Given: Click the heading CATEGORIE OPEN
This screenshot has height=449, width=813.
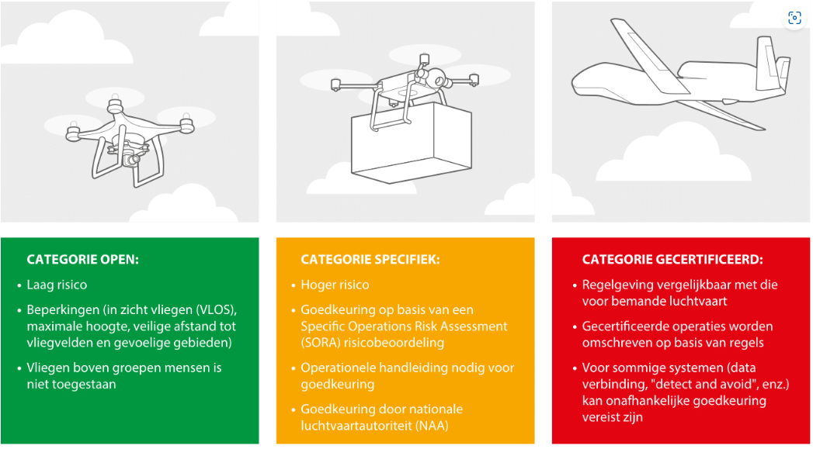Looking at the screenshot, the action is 83,260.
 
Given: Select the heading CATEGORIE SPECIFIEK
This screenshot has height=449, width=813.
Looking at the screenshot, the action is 370,260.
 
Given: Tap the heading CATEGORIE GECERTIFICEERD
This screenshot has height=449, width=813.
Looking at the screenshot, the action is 672,260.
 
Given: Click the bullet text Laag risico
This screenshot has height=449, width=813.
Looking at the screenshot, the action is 57,285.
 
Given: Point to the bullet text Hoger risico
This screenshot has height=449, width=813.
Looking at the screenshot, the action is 335,285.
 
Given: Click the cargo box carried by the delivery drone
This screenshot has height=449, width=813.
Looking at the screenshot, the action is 412,142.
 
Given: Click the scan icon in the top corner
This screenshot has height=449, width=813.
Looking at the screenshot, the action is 794,18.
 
